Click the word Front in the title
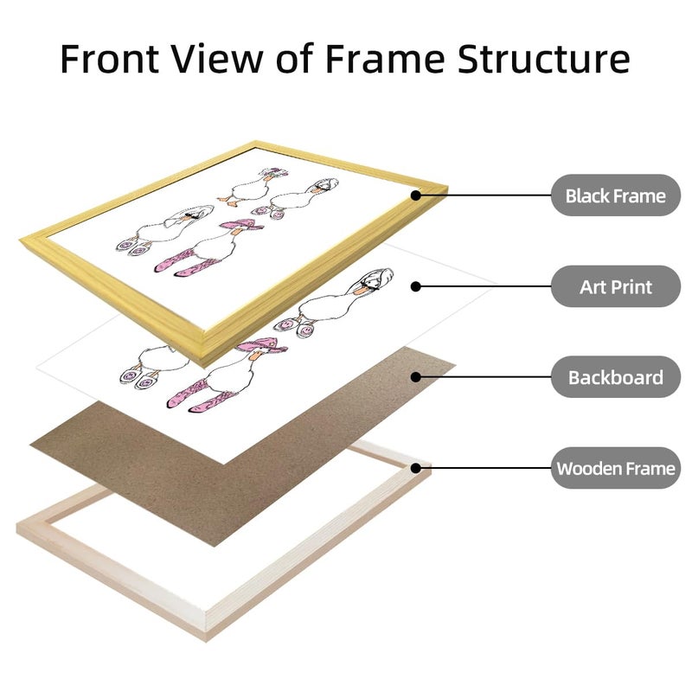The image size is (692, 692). (110, 58)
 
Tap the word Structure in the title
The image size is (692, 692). (543, 58)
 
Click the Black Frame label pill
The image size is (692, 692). (616, 195)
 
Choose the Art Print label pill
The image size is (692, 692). (616, 286)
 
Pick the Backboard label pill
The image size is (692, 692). (616, 377)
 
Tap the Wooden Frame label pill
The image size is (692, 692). (616, 468)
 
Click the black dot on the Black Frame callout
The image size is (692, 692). (416, 195)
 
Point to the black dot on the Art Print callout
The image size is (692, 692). (416, 287)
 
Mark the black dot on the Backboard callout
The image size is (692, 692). (416, 377)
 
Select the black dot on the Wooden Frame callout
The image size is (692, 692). (416, 468)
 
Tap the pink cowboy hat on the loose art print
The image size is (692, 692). (262, 344)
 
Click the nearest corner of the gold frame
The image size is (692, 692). (204, 366)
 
